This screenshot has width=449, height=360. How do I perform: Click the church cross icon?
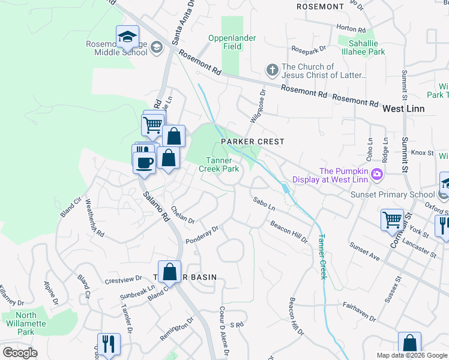click(271, 70)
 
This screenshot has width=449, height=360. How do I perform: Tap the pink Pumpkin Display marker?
click(377, 175)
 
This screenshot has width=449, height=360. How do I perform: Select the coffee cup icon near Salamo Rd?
click(144, 163)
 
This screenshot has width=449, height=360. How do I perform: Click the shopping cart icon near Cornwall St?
click(392, 220)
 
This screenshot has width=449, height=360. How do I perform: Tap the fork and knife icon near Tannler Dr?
click(109, 344)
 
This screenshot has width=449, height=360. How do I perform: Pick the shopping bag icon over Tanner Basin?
click(170, 272)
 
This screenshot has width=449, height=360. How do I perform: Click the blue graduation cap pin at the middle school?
click(127, 37)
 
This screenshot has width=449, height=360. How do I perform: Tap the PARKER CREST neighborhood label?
click(252, 141)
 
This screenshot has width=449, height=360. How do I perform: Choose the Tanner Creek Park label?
click(218, 164)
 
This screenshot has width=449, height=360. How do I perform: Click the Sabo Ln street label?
click(264, 203)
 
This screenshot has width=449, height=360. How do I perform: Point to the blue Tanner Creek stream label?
click(322, 256)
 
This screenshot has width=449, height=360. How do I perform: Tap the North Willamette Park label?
click(26, 323)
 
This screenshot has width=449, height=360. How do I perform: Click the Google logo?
click(20, 353)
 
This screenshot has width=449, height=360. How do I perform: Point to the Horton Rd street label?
click(351, 29)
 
